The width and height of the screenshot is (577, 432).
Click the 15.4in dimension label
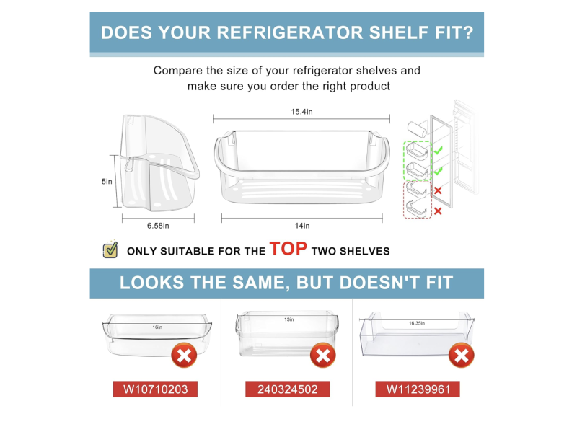[301, 112]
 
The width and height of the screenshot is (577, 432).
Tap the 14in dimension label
[302, 226]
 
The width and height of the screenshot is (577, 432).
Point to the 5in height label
[107, 182]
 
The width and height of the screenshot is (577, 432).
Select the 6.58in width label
[158, 226]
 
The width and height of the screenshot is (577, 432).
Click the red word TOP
[288, 249]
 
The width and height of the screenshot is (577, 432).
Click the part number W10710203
[155, 389]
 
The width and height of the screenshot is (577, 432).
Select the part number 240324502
[287, 389]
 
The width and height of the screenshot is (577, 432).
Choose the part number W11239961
[418, 389]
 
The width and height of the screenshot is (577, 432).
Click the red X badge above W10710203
[184, 356]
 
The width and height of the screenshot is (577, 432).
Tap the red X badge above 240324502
[322, 356]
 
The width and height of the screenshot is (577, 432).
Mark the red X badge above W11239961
[462, 356]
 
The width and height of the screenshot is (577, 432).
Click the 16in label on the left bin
[157, 327]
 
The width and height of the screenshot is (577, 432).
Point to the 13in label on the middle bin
[289, 319]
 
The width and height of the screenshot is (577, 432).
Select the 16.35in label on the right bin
[417, 323]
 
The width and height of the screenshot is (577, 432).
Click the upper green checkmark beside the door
[438, 150]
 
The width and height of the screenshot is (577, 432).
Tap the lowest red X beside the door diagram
[438, 211]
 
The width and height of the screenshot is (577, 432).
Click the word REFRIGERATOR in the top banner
[290, 32]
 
